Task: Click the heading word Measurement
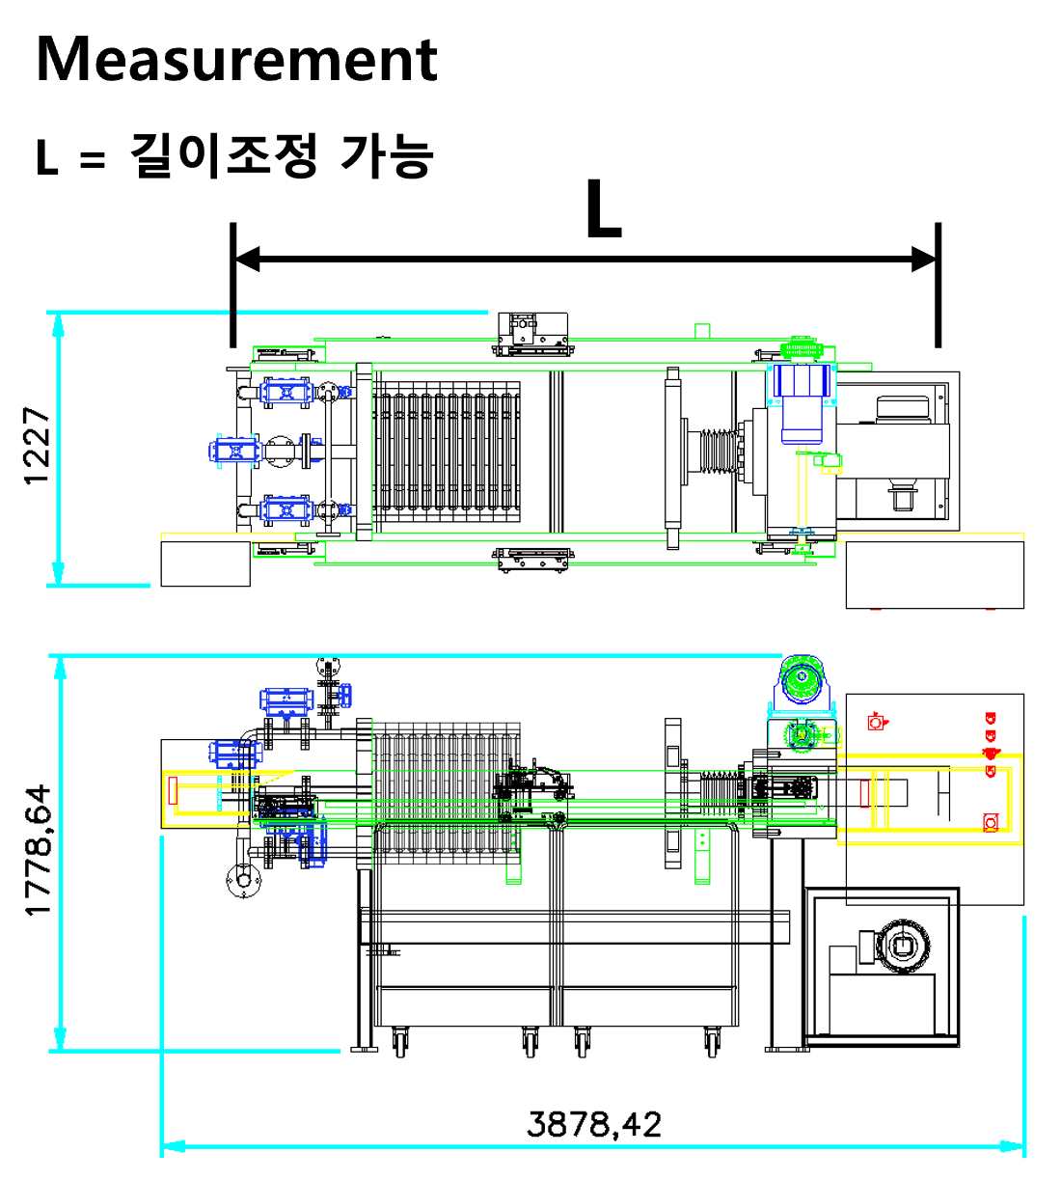click(236, 60)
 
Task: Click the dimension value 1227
click(37, 446)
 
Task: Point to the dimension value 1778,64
click(39, 850)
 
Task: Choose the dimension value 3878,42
click(593, 1124)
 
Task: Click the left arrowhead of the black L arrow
click(247, 259)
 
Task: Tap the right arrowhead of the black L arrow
click(923, 259)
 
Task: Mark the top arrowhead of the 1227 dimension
click(58, 325)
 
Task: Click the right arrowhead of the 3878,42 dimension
click(1012, 1146)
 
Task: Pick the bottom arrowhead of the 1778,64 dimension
click(60, 1038)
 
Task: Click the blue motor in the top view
click(801, 403)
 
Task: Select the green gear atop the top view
click(801, 348)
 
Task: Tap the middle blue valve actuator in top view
click(234, 452)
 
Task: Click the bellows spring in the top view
click(719, 451)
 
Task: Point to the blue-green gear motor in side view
click(801, 682)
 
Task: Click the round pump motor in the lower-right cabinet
click(902, 946)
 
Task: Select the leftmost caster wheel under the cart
click(400, 1041)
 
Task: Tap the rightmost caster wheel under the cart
click(712, 1041)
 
